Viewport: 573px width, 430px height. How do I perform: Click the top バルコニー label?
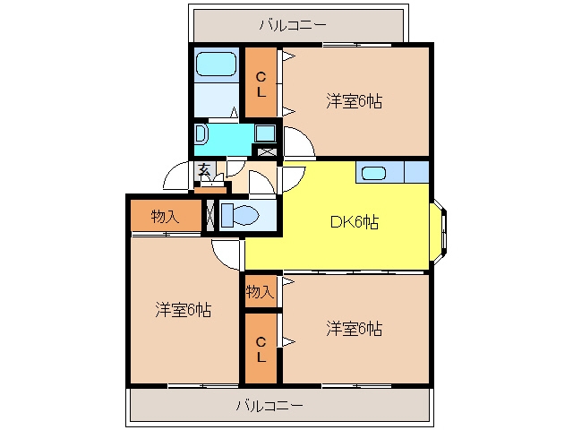293,25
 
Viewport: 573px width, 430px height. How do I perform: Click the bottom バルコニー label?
269,406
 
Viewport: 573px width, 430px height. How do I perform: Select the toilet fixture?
240,215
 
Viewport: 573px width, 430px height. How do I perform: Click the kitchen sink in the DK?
373,173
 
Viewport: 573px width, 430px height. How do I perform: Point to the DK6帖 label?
355,222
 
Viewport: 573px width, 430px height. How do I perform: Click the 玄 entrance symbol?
205,170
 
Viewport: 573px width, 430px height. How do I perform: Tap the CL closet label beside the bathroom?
261,85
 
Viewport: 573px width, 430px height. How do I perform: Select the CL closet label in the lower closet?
261,350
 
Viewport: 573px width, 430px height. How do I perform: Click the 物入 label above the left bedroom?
165,217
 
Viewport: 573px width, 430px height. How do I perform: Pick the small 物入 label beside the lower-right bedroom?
260,292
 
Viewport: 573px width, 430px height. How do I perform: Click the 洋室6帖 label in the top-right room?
355,101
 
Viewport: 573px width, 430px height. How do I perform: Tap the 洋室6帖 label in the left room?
183,310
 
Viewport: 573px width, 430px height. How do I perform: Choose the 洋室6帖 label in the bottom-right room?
355,329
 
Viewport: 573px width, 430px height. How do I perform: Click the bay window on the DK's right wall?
439,231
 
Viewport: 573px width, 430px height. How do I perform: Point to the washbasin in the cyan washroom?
201,133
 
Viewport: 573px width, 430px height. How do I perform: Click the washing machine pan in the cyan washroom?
265,133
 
